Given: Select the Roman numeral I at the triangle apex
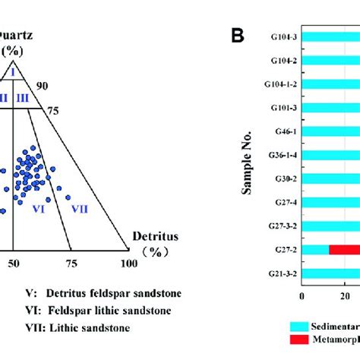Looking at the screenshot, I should [x=12, y=72].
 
